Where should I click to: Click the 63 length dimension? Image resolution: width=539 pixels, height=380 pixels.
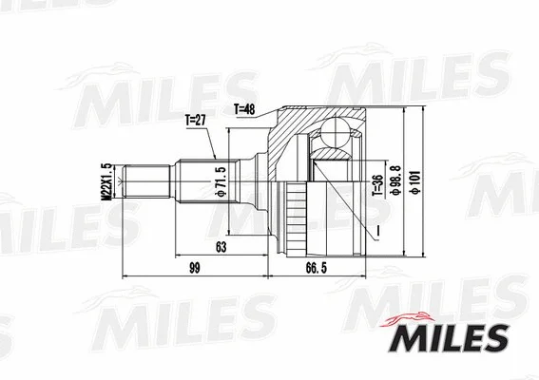pos(220,248)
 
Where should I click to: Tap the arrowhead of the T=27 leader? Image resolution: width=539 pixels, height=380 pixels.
pos(217,157)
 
